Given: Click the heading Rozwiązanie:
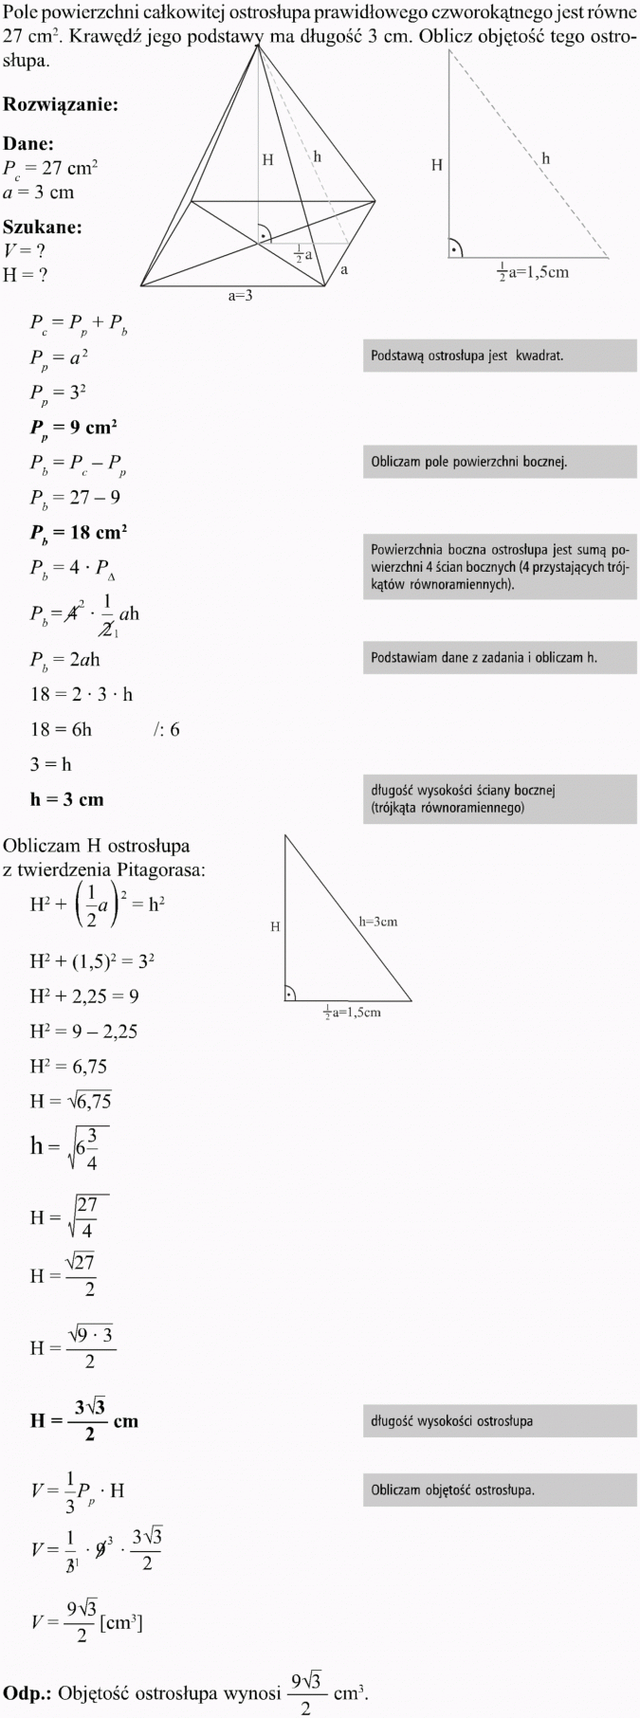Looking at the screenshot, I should pyautogui.click(x=61, y=104).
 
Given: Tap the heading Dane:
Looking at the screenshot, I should pyautogui.click(x=28, y=144).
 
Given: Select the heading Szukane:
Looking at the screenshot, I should pyautogui.click(x=43, y=228).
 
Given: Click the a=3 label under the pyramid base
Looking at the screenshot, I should pyautogui.click(x=240, y=296).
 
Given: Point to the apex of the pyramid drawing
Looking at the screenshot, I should pyautogui.click(x=258, y=45).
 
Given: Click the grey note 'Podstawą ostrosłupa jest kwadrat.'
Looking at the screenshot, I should pyautogui.click(x=499, y=356).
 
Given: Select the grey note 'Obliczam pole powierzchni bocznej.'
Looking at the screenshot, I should pyautogui.click(x=499, y=463).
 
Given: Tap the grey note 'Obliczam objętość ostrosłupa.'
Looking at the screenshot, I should pyautogui.click(x=499, y=1490).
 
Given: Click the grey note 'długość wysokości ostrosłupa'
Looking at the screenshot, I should pyautogui.click(x=499, y=1420).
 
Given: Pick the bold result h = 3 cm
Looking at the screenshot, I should pyautogui.click(x=66, y=799).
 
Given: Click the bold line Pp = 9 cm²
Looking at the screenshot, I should pyautogui.click(x=73, y=428).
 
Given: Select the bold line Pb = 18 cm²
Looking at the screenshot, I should pyautogui.click(x=78, y=533).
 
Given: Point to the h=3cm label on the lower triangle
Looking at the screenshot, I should pyautogui.click(x=377, y=922).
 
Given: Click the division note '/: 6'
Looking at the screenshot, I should pyautogui.click(x=166, y=729).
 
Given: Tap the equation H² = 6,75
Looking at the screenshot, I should pyautogui.click(x=68, y=1066).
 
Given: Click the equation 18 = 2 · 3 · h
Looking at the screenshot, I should pyautogui.click(x=82, y=694).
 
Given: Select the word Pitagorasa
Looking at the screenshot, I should pyautogui.click(x=159, y=868).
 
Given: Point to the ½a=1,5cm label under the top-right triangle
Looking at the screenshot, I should pyautogui.click(x=533, y=273).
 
